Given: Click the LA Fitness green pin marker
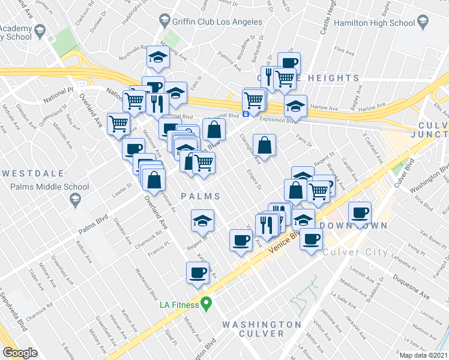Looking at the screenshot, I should coord(206,304).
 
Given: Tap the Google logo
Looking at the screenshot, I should coord(20,353).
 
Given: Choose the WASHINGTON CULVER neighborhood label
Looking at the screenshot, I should coord(261,328).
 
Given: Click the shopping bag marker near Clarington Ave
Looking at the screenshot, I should coord(264,145).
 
